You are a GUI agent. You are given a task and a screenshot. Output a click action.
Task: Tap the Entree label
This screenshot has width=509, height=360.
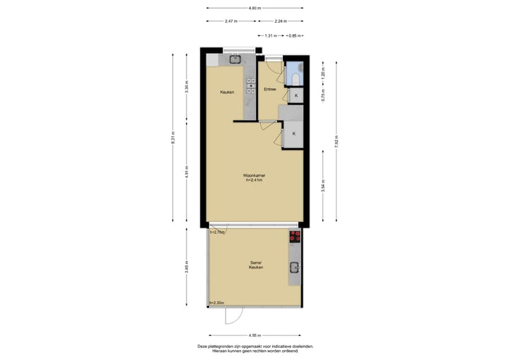(x=269, y=90)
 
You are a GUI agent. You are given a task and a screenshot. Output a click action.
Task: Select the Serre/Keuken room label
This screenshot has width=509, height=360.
(x=255, y=265)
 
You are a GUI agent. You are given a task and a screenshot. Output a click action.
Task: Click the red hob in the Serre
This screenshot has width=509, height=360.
(x=295, y=237)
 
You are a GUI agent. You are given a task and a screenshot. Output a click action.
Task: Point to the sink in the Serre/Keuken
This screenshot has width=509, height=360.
(x=295, y=267)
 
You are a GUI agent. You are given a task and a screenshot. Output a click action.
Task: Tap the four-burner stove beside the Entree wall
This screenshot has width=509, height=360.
(x=250, y=86)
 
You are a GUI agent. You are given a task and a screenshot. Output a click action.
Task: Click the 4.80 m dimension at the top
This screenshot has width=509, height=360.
(x=255, y=8)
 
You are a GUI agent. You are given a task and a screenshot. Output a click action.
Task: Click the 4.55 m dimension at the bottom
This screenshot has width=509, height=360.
(x=255, y=335)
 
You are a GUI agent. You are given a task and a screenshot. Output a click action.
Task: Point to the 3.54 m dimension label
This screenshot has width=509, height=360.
(x=322, y=187)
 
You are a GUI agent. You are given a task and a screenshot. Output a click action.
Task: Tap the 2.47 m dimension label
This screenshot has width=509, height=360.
(x=230, y=21)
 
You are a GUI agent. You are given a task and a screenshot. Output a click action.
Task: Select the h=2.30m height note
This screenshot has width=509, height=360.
(x=217, y=303)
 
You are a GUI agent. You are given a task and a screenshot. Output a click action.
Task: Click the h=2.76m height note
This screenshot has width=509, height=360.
(x=217, y=232)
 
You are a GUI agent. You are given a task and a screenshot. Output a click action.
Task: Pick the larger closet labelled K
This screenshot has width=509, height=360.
(x=293, y=134)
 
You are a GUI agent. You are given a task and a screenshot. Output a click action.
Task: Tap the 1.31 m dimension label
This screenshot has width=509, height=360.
(x=269, y=35)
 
